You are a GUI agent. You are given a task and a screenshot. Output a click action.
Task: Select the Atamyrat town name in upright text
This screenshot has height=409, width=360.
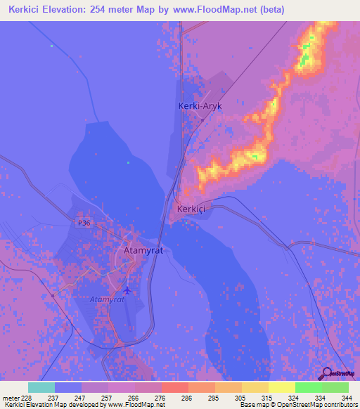coord(143,250)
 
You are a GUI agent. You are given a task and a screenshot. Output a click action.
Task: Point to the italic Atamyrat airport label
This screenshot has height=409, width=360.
coord(107,299)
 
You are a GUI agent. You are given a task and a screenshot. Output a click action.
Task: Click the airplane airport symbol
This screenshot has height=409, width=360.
coord(127,290)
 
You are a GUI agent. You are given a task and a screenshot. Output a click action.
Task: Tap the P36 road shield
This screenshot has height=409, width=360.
coord(84,223)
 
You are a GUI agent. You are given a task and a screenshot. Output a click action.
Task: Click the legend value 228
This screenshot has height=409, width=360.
coord(27,397)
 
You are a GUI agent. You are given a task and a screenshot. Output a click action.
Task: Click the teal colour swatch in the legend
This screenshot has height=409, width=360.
coord(41,387)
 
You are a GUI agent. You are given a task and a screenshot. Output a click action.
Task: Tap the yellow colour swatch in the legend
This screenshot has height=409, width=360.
coord(281,387)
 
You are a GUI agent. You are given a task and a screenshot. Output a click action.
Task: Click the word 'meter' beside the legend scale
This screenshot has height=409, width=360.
coord(11,397)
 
